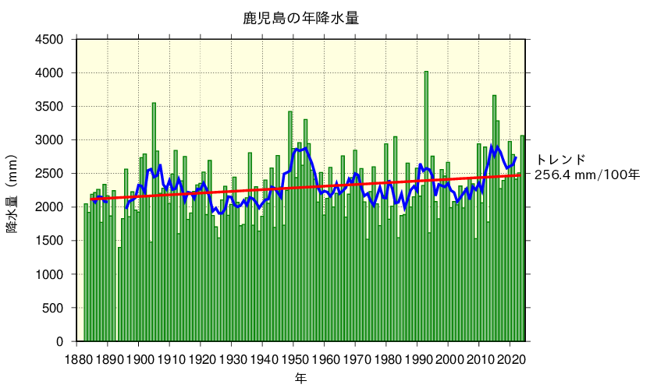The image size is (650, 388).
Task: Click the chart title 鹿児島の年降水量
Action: click(300, 18)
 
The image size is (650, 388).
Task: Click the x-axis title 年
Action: click(300, 378)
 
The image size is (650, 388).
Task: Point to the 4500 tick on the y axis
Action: click(53, 39)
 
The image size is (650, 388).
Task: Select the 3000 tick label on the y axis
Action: click(53, 140)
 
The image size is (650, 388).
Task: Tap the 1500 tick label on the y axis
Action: click(53, 241)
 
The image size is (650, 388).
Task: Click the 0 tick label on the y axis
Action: click(64, 342)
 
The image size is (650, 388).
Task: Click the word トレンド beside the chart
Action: click(560, 160)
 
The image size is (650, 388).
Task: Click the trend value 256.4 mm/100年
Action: click(587, 175)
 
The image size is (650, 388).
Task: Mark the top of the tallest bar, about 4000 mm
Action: click(426, 72)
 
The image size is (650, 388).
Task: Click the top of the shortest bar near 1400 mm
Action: click(119, 248)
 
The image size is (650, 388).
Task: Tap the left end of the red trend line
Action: click(91, 199)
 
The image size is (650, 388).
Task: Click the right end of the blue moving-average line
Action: click(516, 157)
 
